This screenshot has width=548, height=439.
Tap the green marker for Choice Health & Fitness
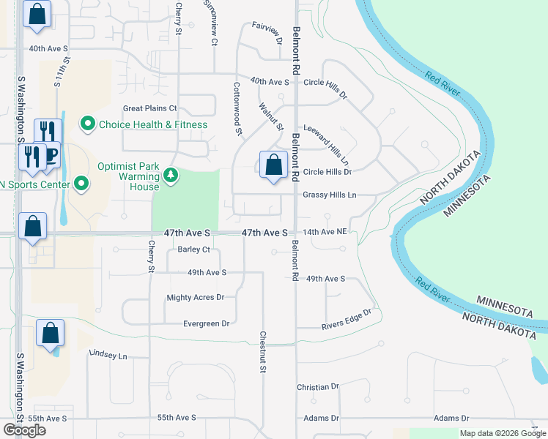tap(88, 124)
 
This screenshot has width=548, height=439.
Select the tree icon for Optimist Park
tap(170, 175)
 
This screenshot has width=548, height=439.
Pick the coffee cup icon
tap(51, 156)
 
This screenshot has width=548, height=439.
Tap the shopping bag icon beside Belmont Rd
tap(273, 165)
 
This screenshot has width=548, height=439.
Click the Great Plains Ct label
tap(150, 108)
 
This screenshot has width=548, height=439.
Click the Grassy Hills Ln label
tap(329, 195)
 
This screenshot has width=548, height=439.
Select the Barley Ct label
tap(194, 249)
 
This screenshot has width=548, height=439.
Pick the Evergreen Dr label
tap(206, 323)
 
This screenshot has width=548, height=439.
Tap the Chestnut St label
tap(262, 353)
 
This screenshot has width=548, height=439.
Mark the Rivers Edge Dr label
tap(347, 319)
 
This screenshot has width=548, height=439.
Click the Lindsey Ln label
tap(108, 354)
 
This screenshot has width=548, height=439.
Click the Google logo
tap(24, 430)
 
